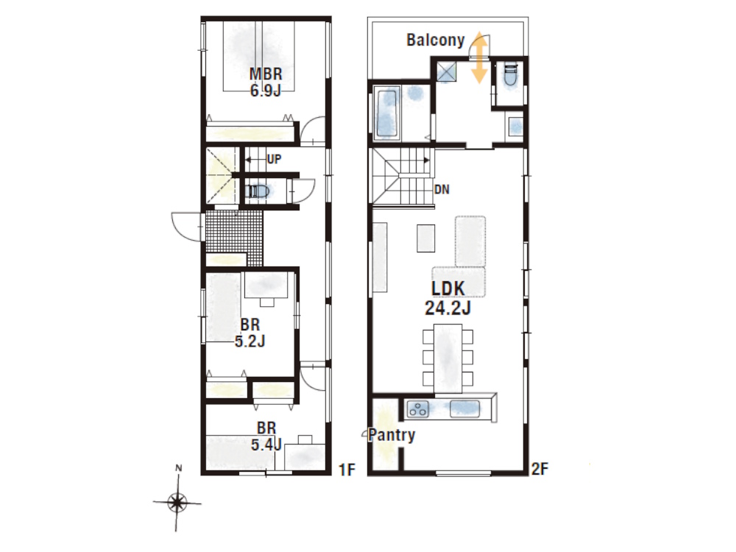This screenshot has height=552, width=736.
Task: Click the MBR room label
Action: (x=266, y=74)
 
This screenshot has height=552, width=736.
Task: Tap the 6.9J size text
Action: (x=266, y=90)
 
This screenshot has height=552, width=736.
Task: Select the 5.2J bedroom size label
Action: (x=250, y=341)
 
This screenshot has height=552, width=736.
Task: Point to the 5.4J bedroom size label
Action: (x=266, y=444)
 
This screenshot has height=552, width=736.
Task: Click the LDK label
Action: (x=448, y=289)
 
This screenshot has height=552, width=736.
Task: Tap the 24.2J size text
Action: (x=447, y=308)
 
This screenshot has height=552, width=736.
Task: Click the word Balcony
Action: (x=436, y=40)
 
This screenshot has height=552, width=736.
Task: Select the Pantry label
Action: (x=392, y=435)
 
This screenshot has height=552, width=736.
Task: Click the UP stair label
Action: (x=274, y=159)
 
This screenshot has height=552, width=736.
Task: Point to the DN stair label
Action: (x=442, y=190)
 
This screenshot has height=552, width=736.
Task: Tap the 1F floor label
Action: (x=347, y=470)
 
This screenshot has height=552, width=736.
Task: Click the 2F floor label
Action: (x=539, y=469)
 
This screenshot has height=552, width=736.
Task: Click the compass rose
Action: (x=177, y=502)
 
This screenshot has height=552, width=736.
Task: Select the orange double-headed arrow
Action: (x=479, y=57)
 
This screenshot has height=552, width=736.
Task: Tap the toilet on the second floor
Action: (x=509, y=74)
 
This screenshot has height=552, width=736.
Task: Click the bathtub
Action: (x=387, y=112)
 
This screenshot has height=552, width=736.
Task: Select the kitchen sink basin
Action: (x=464, y=408)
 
